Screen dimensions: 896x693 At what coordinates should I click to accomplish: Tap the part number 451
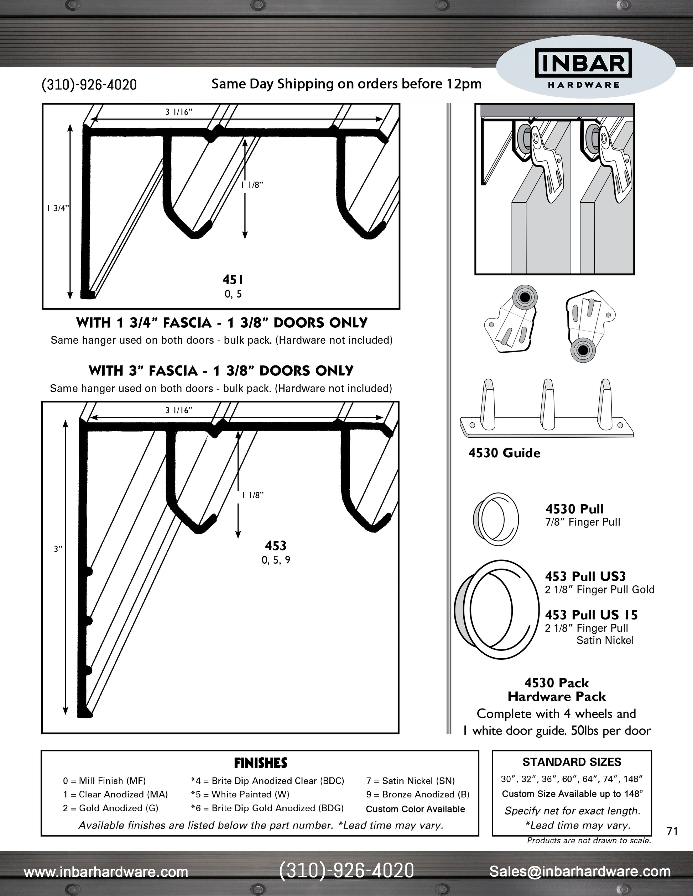tap(233, 280)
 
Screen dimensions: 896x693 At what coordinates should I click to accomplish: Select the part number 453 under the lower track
tap(276, 545)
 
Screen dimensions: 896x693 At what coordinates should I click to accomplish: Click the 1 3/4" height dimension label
tap(57, 208)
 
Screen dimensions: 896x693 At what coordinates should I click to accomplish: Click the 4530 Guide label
tap(504, 453)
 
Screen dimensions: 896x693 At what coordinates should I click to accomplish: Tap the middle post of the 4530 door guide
tap(548, 404)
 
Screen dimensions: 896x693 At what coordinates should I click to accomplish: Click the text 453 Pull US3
tap(585, 576)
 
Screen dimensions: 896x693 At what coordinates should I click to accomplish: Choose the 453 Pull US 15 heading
tap(591, 615)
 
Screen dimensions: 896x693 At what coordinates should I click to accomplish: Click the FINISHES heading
tap(260, 763)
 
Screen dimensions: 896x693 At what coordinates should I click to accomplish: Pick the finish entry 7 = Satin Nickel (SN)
tap(410, 781)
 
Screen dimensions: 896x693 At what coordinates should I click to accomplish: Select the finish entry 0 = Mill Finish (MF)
tap(104, 781)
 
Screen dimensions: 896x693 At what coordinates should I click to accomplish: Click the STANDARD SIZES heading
tap(572, 762)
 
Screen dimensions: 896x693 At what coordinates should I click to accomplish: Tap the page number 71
tap(672, 831)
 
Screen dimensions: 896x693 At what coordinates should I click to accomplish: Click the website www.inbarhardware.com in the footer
tap(106, 871)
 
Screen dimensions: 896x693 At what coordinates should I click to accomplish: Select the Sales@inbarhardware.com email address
tap(580, 871)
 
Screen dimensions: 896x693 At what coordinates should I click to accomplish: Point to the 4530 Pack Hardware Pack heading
tap(556, 690)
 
